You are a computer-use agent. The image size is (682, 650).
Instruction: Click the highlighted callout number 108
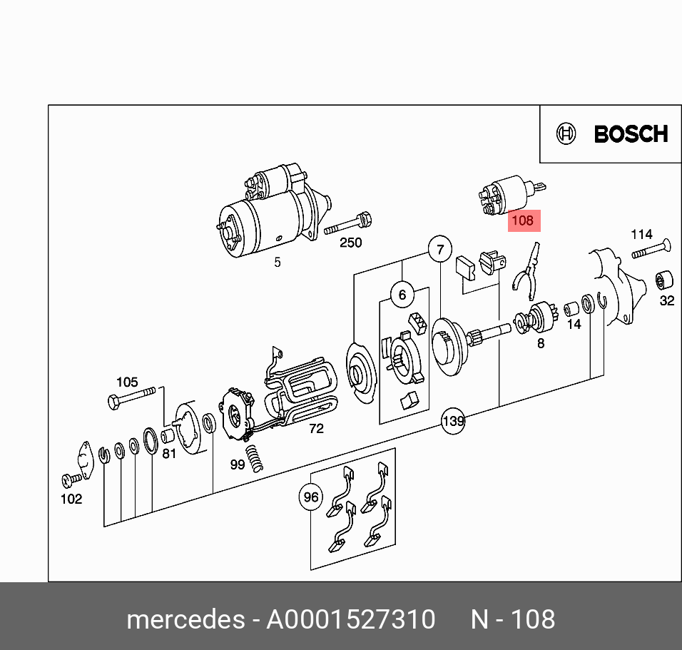(x=522, y=220)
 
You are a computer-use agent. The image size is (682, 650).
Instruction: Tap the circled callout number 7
(x=440, y=249)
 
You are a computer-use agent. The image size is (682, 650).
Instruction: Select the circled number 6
(x=402, y=295)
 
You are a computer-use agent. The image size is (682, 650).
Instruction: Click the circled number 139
(x=453, y=421)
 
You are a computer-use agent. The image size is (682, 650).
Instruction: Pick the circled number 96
(x=311, y=497)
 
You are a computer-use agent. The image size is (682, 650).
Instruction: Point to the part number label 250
(x=350, y=243)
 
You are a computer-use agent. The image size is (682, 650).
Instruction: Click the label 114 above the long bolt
(x=641, y=234)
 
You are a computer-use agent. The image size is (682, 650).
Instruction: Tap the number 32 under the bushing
(x=666, y=300)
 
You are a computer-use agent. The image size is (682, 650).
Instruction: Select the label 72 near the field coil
(x=316, y=428)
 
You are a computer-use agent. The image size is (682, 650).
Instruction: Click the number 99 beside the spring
(x=237, y=464)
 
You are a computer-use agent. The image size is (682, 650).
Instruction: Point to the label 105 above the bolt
(x=127, y=382)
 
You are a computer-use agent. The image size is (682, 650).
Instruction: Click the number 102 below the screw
(x=71, y=499)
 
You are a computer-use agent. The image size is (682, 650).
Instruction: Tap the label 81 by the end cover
(x=168, y=453)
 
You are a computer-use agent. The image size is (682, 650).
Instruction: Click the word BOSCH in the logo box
(x=631, y=134)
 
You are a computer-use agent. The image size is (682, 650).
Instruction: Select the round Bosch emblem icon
(x=566, y=134)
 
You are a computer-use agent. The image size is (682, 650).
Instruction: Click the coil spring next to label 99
(x=255, y=457)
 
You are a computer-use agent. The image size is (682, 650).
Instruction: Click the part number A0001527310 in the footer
(x=350, y=619)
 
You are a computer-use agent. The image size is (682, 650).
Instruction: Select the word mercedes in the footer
(x=185, y=619)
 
